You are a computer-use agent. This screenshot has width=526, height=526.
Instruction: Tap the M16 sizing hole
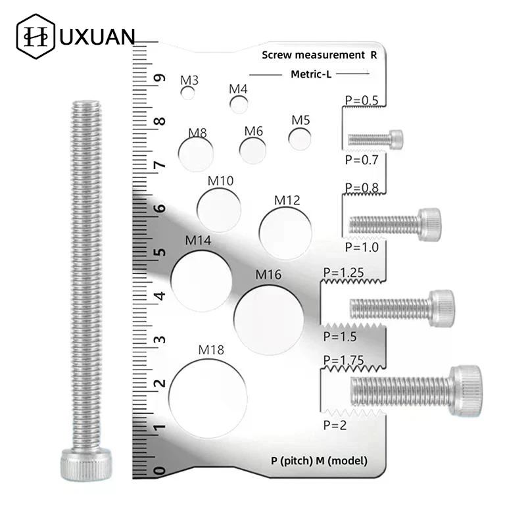tap(268, 318)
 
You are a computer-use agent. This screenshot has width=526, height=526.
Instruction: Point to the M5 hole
tap(300, 139)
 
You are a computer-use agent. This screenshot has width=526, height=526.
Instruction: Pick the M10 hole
tap(219, 209)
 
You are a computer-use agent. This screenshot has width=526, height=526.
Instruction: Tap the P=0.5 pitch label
tap(361, 101)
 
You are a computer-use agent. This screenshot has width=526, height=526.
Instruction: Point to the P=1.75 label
tap(344, 360)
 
